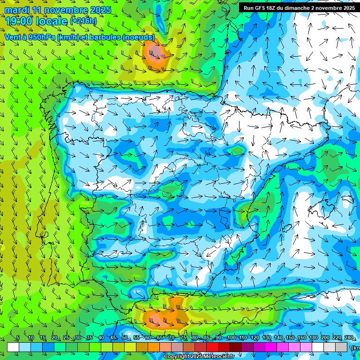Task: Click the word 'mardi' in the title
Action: tap(17, 10)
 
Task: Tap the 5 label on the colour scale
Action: tap(18, 338)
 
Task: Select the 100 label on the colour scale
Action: tap(231, 338)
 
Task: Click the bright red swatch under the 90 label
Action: tap(213, 347)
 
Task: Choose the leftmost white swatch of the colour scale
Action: tap(13, 347)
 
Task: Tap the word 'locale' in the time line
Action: tap(51, 21)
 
